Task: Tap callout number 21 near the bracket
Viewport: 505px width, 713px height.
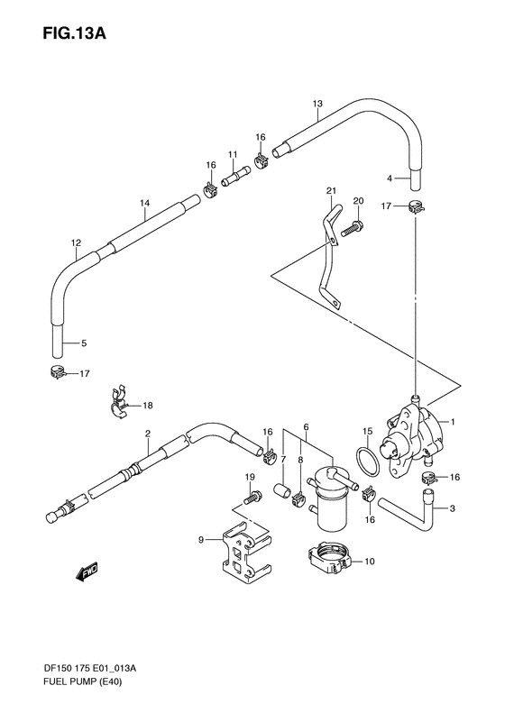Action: click(331, 190)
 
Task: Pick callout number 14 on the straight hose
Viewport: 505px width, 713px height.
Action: click(144, 204)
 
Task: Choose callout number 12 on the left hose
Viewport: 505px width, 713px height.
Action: click(76, 242)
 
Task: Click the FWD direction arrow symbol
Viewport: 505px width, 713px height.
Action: click(87, 571)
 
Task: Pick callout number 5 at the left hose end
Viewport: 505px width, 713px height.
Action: click(84, 343)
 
